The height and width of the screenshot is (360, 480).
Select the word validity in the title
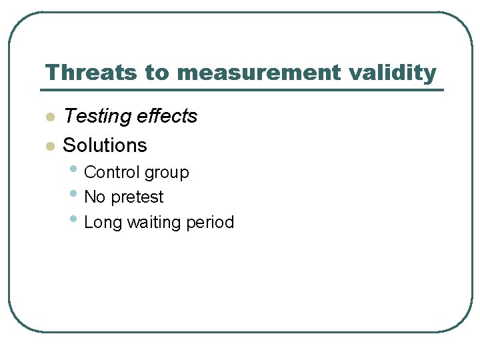tap(399, 73)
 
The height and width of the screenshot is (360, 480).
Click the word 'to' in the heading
tap(157, 73)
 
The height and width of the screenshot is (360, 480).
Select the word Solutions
tap(105, 145)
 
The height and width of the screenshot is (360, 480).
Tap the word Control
tap(112, 172)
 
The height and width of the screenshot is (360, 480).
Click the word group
tap(167, 173)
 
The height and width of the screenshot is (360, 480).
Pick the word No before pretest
tap(95, 197)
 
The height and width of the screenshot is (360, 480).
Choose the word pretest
tap(137, 198)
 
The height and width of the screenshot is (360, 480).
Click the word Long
tap(102, 223)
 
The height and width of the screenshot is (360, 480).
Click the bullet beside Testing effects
tap(49, 117)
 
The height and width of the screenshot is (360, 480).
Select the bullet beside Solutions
tap(49, 146)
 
